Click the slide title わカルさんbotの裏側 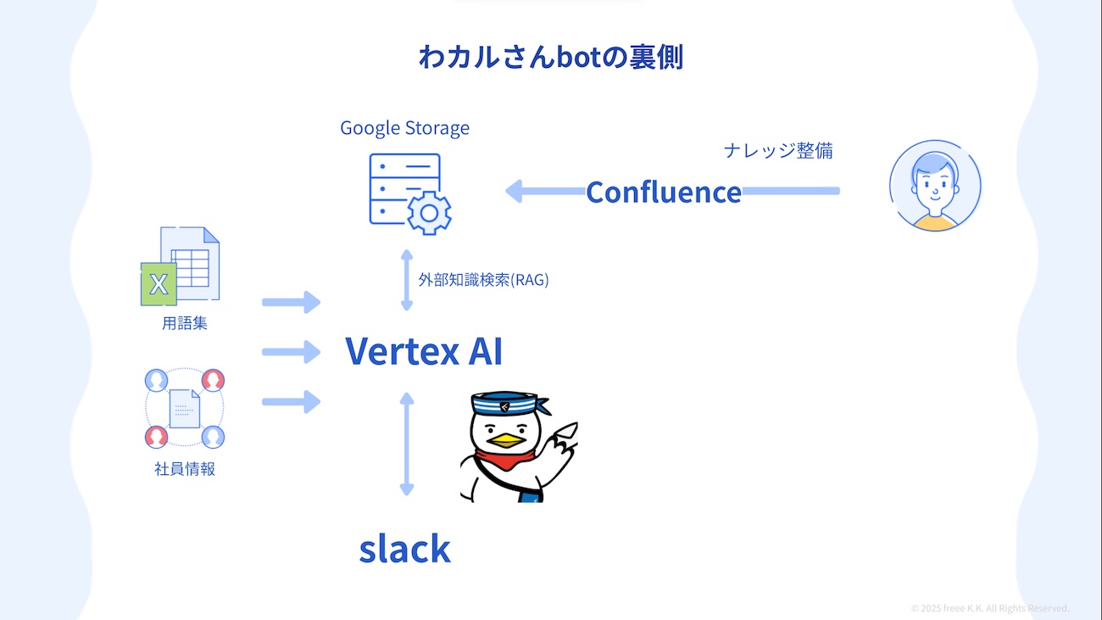pyautogui.click(x=550, y=57)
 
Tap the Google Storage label pyautogui.click(x=404, y=128)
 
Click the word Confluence pyautogui.click(x=664, y=193)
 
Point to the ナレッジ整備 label pyautogui.click(x=778, y=151)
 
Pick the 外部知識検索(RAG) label pyautogui.click(x=483, y=280)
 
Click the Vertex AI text pyautogui.click(x=424, y=350)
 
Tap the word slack pyautogui.click(x=404, y=549)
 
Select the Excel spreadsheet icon pyautogui.click(x=181, y=265)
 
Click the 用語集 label pyautogui.click(x=185, y=323)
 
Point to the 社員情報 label pyautogui.click(x=185, y=469)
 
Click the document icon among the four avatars pyautogui.click(x=185, y=408)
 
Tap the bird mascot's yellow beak pyautogui.click(x=506, y=439)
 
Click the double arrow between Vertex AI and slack pyautogui.click(x=407, y=444)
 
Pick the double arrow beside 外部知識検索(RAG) pyautogui.click(x=407, y=280)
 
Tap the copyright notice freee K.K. pyautogui.click(x=989, y=608)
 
